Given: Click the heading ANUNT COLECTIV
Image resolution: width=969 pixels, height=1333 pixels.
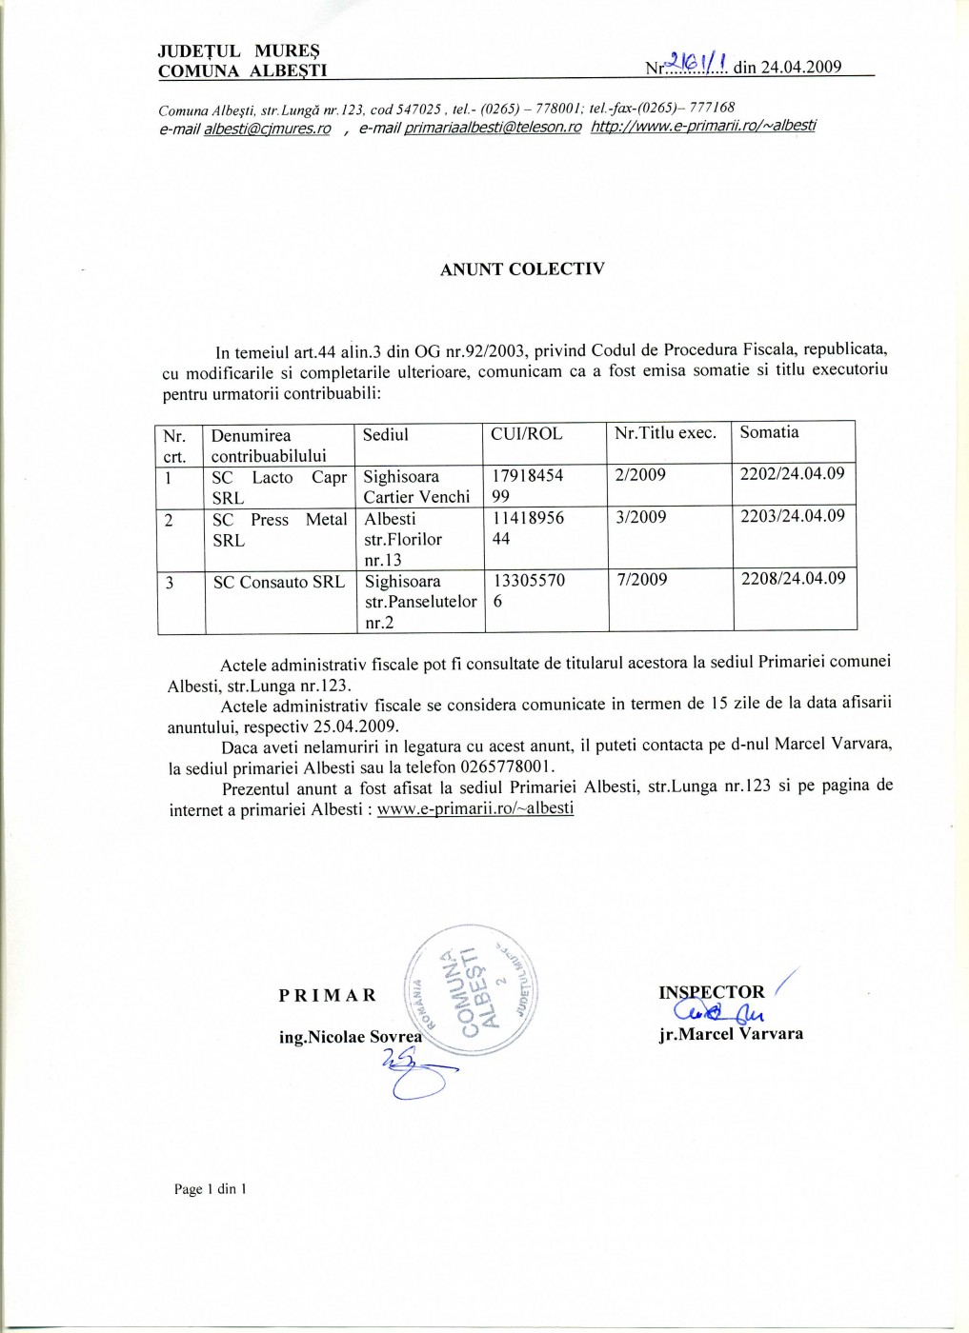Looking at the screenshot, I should [521, 269].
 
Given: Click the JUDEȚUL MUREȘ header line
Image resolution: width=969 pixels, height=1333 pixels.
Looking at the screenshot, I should [238, 51].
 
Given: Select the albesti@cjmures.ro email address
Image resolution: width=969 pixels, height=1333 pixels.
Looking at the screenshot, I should [267, 129].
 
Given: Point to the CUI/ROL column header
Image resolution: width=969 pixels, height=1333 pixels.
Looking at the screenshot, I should [526, 434].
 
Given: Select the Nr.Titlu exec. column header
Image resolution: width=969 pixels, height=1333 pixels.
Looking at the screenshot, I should [665, 433].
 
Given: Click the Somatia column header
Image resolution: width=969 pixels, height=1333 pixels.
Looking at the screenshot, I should [769, 432].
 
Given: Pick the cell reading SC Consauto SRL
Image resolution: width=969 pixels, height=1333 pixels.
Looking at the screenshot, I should [278, 582].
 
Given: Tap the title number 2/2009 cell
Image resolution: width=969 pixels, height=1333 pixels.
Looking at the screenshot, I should [640, 475].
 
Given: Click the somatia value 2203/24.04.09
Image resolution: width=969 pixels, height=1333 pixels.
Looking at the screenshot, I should [793, 516].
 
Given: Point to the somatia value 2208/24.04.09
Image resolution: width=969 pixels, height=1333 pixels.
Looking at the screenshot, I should [793, 578].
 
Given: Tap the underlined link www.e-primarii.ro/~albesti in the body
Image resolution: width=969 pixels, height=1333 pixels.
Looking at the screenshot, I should [475, 808].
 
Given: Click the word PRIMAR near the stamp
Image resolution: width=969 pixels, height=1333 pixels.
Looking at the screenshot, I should [328, 995].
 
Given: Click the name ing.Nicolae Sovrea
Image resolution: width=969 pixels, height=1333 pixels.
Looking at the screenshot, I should [350, 1037].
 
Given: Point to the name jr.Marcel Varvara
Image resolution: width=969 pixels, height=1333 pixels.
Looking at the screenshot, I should [731, 1034].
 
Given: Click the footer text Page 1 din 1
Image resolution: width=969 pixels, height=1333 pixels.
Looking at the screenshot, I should [211, 1188].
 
